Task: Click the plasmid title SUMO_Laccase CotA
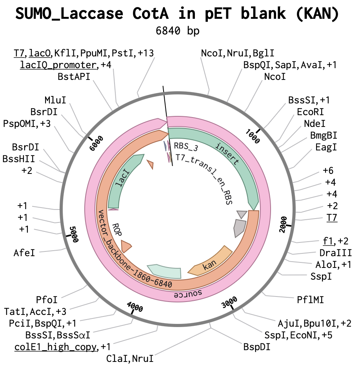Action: click(92, 13)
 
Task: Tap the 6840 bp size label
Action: click(178, 31)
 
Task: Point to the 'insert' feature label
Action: click(227, 154)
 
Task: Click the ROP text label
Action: click(117, 229)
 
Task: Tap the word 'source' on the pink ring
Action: click(188, 293)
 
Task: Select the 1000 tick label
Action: click(253, 136)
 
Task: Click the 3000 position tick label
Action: click(229, 302)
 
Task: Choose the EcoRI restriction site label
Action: click(310, 112)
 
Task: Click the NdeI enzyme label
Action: click(315, 124)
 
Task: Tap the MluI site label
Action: click(55, 100)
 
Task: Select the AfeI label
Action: click(24, 253)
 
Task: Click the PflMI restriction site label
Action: click(310, 300)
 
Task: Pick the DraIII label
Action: click(336, 253)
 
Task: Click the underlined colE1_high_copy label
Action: click(55, 347)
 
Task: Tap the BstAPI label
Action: click(74, 77)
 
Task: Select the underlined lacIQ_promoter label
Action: click(58, 65)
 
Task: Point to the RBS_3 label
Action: click(186, 146)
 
